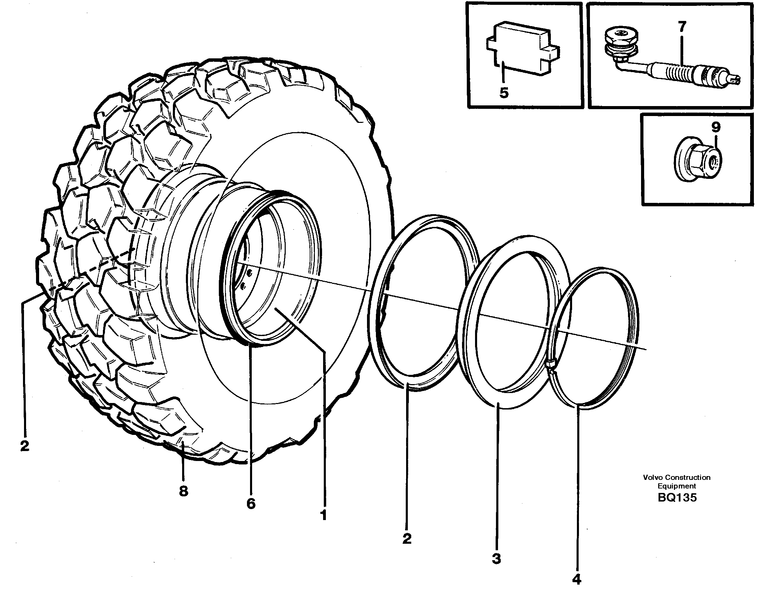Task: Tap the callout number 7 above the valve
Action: pyautogui.click(x=682, y=27)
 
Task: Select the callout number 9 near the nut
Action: pyautogui.click(x=715, y=127)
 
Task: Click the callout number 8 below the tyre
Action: pyautogui.click(x=183, y=491)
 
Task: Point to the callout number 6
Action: pyautogui.click(x=251, y=504)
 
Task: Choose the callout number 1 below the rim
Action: pyautogui.click(x=323, y=515)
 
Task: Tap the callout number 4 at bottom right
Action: pyautogui.click(x=577, y=579)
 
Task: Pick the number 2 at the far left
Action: pyautogui.click(x=25, y=446)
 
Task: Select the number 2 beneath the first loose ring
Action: pyautogui.click(x=406, y=539)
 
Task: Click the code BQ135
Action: pyautogui.click(x=677, y=498)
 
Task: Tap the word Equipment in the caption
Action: pyautogui.click(x=676, y=486)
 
